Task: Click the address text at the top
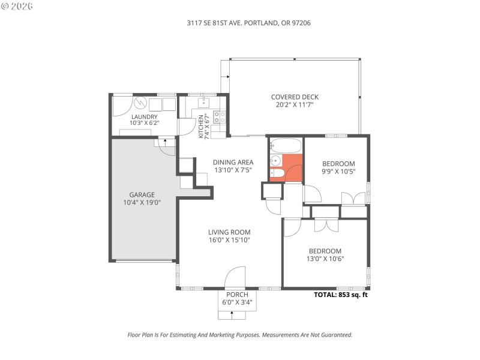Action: [240, 23]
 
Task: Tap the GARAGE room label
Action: [142, 194]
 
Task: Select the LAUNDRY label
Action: [144, 117]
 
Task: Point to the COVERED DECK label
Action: [294, 97]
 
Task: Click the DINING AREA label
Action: [233, 162]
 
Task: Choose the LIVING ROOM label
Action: [229, 232]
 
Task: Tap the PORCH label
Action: [237, 295]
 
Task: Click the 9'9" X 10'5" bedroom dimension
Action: [338, 172]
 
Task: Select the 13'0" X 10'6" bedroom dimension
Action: [325, 259]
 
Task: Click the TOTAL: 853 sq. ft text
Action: [341, 295]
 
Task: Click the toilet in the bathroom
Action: [277, 175]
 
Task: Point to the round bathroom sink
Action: [275, 160]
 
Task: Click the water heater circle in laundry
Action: [139, 103]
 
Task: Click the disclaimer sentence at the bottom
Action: [240, 335]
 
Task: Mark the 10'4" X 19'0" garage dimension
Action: [142, 202]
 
